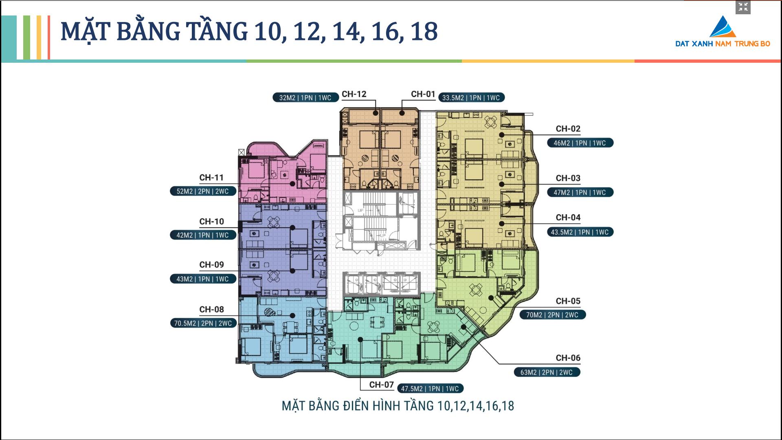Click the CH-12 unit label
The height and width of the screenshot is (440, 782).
pos(354,94)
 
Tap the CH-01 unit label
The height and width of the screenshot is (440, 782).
pos(423,94)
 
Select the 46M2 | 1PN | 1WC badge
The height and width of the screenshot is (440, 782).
pos(580,143)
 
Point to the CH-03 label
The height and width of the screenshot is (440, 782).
pos(568,178)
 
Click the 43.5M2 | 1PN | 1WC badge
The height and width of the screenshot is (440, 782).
pos(580,232)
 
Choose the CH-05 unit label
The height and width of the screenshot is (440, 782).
pos(568,301)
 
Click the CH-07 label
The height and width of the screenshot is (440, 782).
pos(382,385)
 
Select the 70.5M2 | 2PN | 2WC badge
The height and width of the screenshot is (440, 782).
pos(203,323)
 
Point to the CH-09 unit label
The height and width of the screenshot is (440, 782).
pos(211,265)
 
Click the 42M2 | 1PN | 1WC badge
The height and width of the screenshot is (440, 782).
pos(203,235)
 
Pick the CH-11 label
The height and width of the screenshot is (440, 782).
pos(211,178)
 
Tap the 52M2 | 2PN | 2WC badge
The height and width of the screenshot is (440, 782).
pos(203,191)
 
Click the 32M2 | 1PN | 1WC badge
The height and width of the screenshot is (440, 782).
pos(305,98)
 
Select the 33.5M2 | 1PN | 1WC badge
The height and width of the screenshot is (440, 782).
pos(471,98)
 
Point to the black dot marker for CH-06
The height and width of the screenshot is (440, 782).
pos(463,327)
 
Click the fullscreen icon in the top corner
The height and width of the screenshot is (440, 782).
pos(743,7)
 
